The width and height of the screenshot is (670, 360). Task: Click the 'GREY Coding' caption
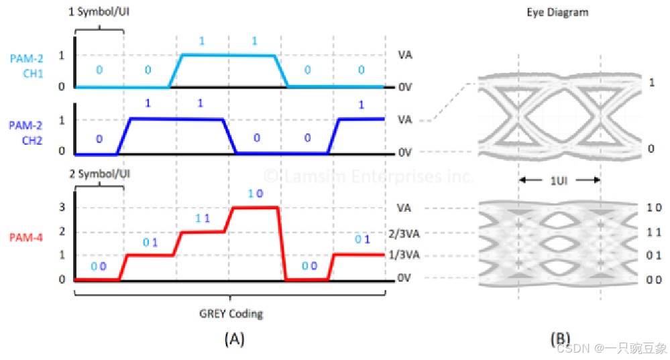[231, 314]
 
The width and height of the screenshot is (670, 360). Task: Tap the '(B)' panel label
[560, 339]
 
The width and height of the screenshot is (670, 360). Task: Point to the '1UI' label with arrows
[558, 180]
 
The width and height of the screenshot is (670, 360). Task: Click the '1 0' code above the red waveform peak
[255, 194]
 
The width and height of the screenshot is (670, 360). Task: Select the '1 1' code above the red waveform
[203, 219]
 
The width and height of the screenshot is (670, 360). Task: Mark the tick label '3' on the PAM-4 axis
[62, 208]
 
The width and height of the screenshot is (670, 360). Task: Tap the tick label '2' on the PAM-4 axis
[62, 232]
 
